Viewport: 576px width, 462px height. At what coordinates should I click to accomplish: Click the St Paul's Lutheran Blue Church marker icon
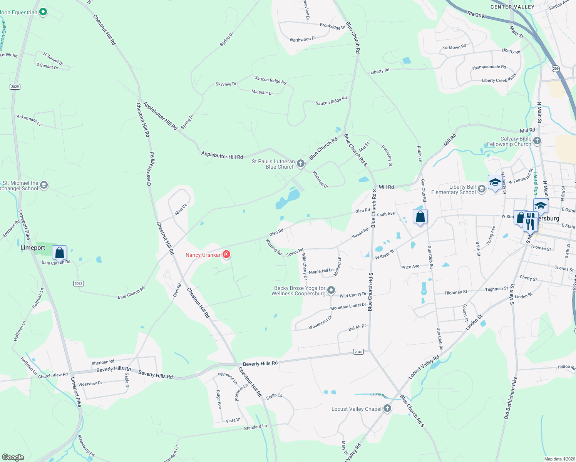pos(301,164)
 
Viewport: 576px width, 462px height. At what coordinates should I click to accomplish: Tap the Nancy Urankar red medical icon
pos(227,254)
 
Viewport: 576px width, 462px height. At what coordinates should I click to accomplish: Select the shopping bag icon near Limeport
pos(60,253)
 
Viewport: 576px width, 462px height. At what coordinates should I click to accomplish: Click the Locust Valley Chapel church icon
pos(387,408)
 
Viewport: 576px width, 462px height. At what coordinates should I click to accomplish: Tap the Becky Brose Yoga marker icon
pos(331,290)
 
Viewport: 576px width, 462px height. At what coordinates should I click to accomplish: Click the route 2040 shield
pos(358,352)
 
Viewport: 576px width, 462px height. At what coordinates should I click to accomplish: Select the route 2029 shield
pos(15,87)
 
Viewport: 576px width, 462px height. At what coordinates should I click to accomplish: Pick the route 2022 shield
pos(79,283)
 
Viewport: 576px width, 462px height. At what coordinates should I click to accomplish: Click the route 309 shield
pos(556,69)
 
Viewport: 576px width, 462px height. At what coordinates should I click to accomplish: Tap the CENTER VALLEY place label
pos(512,7)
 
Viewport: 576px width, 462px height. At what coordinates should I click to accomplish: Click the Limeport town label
pos(33,248)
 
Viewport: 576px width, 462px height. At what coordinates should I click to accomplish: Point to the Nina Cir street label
pos(181,209)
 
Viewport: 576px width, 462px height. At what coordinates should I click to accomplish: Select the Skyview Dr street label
pos(226,84)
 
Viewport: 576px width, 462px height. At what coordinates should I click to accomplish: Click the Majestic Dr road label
pos(262,92)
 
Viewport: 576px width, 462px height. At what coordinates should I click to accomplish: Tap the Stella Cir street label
pos(274,396)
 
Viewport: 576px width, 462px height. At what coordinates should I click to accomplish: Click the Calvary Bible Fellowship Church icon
pos(537,141)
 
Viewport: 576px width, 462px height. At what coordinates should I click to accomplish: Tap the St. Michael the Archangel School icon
pos(44,185)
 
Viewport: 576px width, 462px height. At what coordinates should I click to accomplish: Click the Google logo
pos(13,457)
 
